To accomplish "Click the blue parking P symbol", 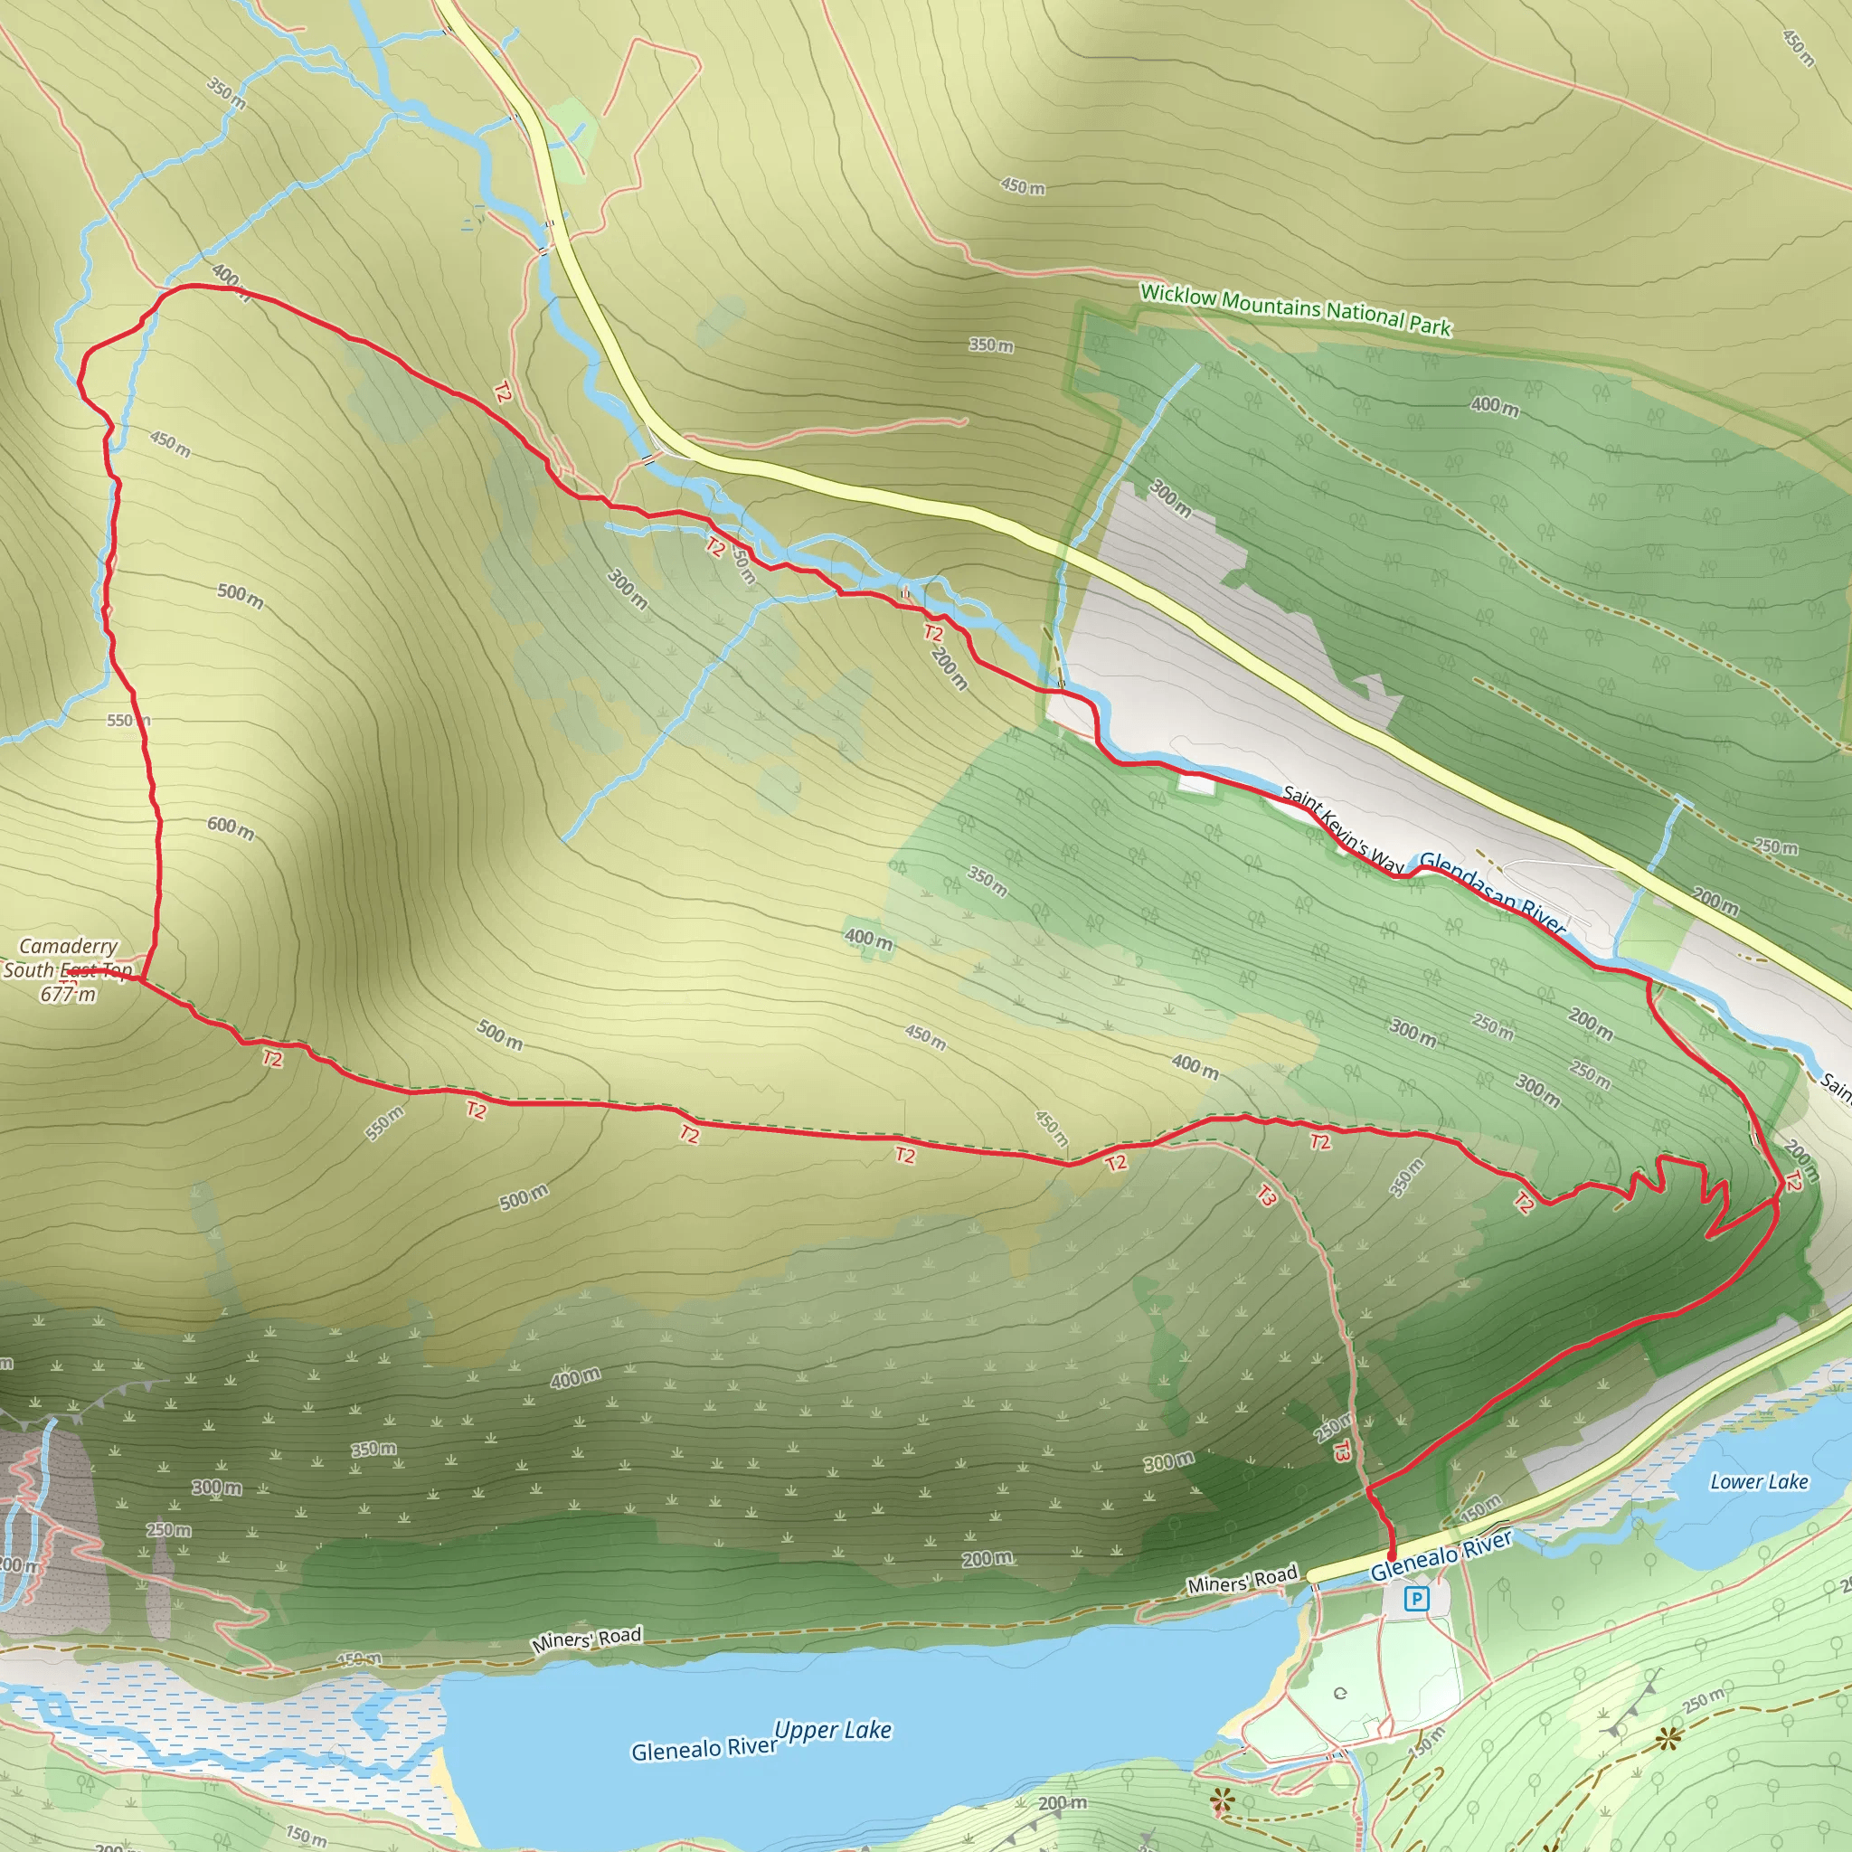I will tap(1416, 1598).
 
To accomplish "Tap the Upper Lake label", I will tap(833, 1730).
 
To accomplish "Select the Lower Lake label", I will tap(1759, 1482).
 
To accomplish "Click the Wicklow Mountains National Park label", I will tap(1295, 309).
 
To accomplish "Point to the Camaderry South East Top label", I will tap(68, 958).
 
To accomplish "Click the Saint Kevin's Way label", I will tap(1342, 830).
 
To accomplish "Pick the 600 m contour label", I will tap(231, 828).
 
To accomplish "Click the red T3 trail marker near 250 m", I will tap(1342, 1451).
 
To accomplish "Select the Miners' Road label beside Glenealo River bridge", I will tap(1243, 1579).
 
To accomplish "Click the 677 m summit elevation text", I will tap(68, 994).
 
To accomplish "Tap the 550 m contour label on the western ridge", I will tap(128, 720).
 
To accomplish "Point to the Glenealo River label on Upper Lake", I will tap(703, 1750).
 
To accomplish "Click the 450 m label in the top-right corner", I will tap(1799, 48).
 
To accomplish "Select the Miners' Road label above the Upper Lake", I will tap(587, 1639).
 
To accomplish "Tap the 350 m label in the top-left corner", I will tap(226, 93).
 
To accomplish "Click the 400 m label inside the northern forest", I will tap(1495, 406).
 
